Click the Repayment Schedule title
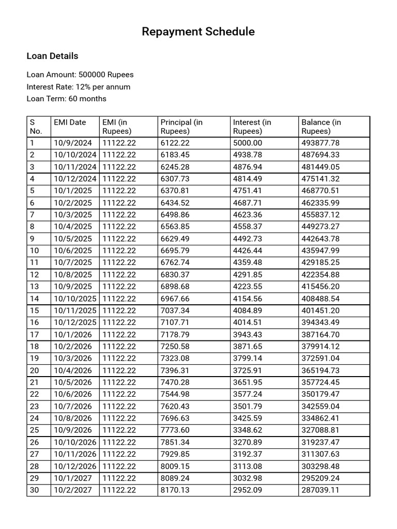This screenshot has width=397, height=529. tap(198, 32)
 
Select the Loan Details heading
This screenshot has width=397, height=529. tap(52, 56)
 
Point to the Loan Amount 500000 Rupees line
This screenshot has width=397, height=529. tap(80, 75)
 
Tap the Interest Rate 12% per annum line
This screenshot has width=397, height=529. tap(79, 87)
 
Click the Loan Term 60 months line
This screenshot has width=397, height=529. tap(67, 99)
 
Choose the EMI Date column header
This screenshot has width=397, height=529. tap(70, 122)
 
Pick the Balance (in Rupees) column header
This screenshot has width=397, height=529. tap(321, 127)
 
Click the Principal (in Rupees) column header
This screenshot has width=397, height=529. tap(181, 127)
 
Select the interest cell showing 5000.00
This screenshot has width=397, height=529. tap(248, 143)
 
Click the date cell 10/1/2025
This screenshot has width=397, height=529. tap(73, 191)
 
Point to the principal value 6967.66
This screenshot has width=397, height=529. tap(175, 299)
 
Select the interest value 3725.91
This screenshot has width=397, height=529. tap(248, 370)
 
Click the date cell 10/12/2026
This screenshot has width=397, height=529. tap(75, 466)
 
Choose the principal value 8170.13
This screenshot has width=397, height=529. tap(175, 490)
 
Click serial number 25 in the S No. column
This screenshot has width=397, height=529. tap(35, 430)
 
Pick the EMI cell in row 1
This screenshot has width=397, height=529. tap(119, 143)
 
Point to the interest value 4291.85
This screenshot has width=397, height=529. tap(248, 275)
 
